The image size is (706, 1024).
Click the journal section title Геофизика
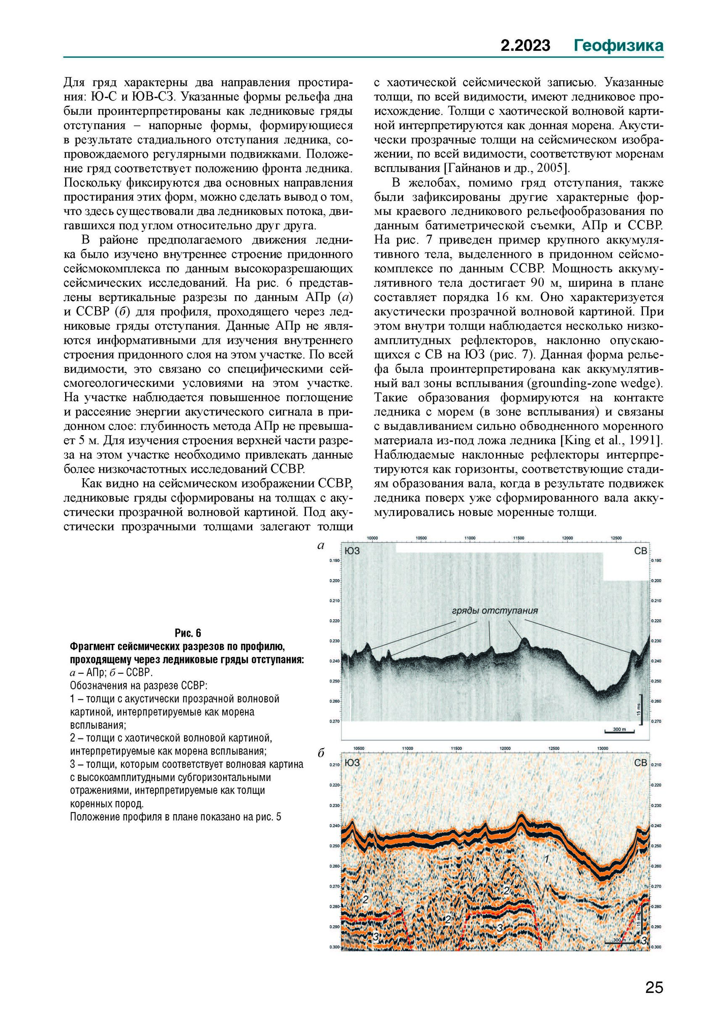[x=619, y=45]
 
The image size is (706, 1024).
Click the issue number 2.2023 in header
[x=526, y=45]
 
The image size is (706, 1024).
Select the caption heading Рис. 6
[x=187, y=632]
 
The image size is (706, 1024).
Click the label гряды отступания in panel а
[x=495, y=611]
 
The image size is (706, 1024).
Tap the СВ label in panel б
[x=640, y=763]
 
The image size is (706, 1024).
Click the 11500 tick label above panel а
[x=519, y=538]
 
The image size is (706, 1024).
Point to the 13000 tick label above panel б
[x=603, y=749]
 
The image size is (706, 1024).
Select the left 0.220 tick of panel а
[x=334, y=621]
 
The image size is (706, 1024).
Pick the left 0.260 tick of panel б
[x=334, y=866]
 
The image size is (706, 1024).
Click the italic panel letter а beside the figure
[x=321, y=546]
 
